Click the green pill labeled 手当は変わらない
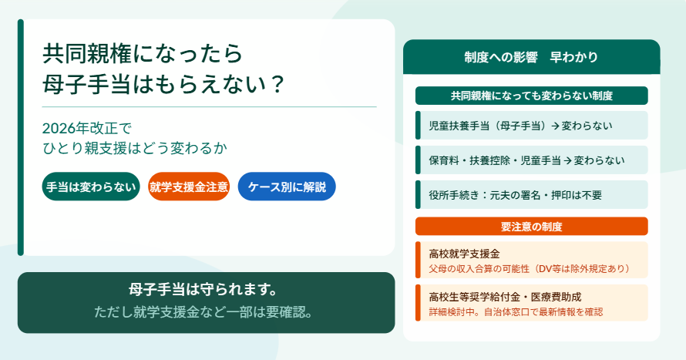point(91,187)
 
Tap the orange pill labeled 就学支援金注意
point(189,187)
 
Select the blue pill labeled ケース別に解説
point(287,187)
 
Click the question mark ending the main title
point(277,84)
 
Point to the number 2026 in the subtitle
point(59,129)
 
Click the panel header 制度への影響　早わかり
point(531,57)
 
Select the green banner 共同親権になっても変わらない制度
point(531,96)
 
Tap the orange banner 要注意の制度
point(531,227)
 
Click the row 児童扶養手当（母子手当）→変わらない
point(531,126)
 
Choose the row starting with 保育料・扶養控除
point(531,160)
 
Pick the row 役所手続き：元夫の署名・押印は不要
point(531,195)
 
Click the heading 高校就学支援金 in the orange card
point(464,254)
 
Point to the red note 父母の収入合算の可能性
point(479,268)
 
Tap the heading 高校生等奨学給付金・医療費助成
point(505,297)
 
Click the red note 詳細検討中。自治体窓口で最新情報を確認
point(516,312)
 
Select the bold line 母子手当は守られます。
point(203,289)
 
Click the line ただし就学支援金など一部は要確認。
point(203,312)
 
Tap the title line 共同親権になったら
point(143,54)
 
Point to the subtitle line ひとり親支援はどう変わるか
point(135,148)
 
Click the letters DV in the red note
point(545,268)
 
